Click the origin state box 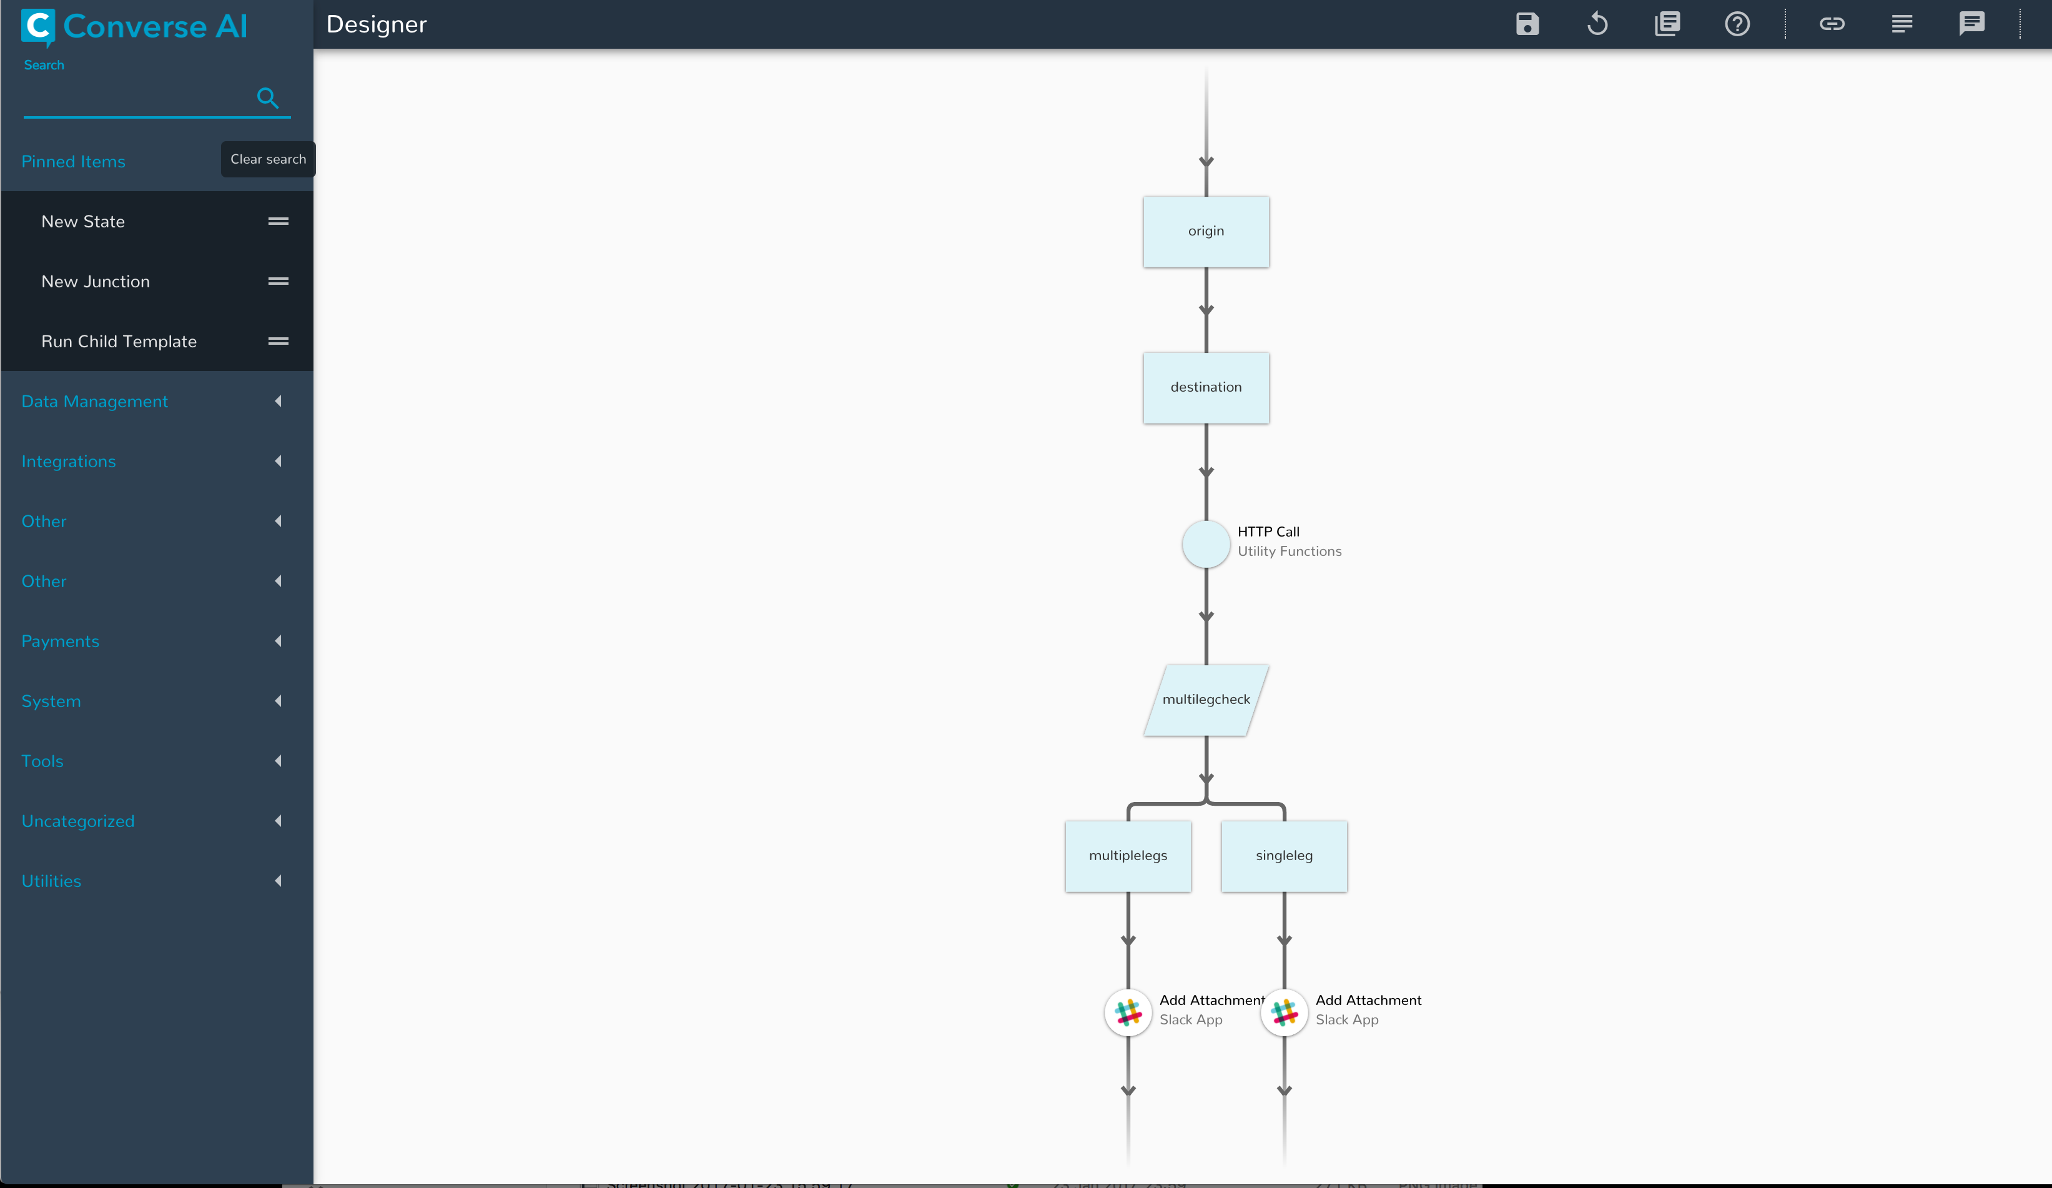1205,231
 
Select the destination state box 1205,388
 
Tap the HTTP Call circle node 1205,544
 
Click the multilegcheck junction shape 1205,700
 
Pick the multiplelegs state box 1128,856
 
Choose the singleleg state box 1283,856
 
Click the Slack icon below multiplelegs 1128,1012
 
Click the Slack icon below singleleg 1284,1012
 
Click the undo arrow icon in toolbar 1597,24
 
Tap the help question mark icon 1737,24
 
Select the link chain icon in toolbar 1832,24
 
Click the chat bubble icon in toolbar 1971,24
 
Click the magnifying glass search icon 267,97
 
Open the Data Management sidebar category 94,402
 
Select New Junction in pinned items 96,282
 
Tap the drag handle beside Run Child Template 279,341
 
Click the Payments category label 60,641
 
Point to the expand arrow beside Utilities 279,881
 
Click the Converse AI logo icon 37,27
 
